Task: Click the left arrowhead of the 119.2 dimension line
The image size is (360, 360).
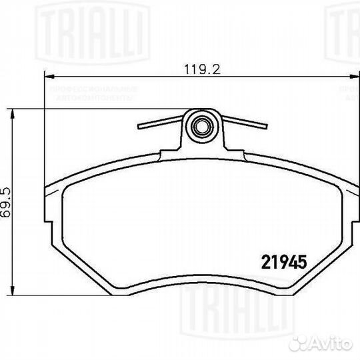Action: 48,76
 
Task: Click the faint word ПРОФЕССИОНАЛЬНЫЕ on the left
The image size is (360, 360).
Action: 93,89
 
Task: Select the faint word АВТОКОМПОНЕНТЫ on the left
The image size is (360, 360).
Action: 93,97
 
